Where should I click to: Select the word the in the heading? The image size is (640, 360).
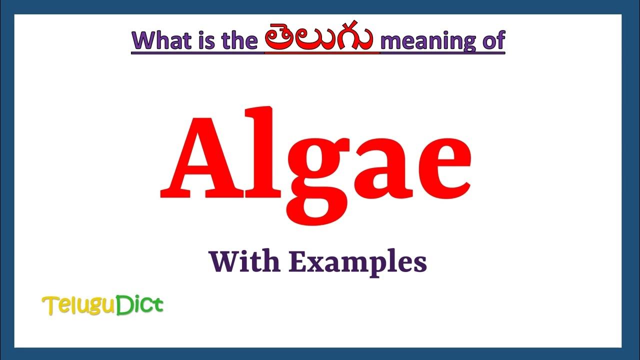(239, 40)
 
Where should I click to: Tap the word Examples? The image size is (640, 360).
(358, 262)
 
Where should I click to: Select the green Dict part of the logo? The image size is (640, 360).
(140, 305)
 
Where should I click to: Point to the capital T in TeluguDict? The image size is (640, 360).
(49, 305)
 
